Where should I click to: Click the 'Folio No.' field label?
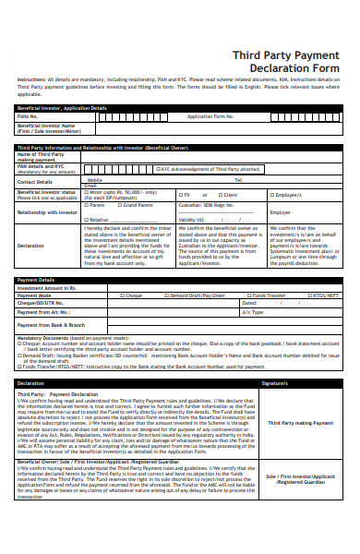[x=28, y=117]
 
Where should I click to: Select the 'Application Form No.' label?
[x=210, y=117]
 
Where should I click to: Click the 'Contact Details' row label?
[x=35, y=182]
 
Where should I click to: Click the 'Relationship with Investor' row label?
[x=47, y=211]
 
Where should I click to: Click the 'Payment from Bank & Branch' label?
[x=52, y=325]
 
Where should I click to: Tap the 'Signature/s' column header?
[x=274, y=381]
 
